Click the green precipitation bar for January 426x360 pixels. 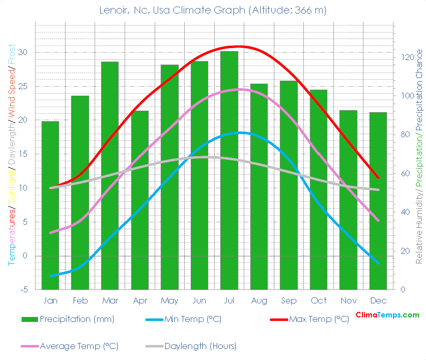(50, 205)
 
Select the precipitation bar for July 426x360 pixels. (229, 170)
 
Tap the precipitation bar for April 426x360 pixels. (140, 200)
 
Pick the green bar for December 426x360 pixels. (378, 201)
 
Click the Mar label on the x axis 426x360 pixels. (110, 300)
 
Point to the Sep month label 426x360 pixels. (288, 300)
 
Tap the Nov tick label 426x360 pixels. (348, 300)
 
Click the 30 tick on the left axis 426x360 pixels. (23, 53)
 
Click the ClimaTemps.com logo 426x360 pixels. (387, 315)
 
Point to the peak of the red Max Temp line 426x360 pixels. (239, 47)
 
